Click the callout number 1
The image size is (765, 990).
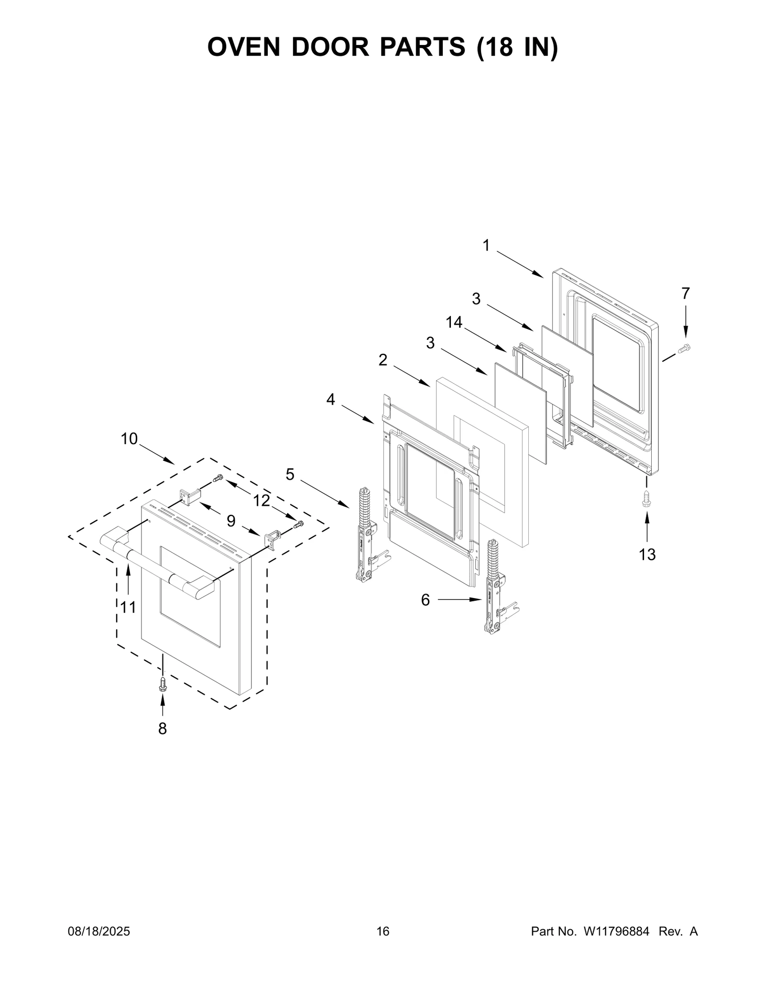pos(486,245)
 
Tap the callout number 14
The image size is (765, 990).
pos(454,323)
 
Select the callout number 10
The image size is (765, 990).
pos(129,438)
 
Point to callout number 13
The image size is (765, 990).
pos(647,555)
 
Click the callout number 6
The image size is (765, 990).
pos(426,600)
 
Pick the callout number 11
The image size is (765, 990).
pos(128,607)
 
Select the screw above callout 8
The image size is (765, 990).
pos(163,685)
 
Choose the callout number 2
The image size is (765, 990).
pos(383,360)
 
